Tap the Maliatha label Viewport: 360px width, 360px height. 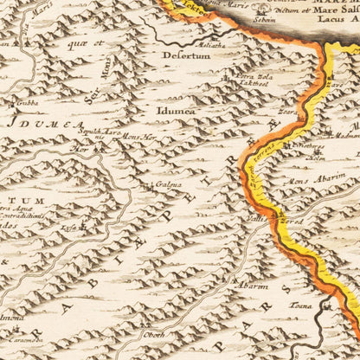pyautogui.click(x=212, y=47)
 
